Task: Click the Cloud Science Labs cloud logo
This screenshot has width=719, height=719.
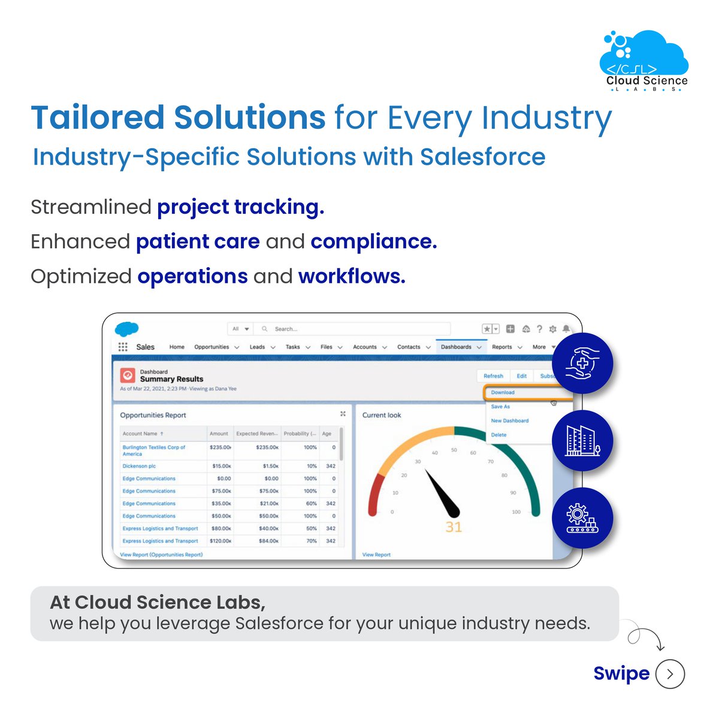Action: (645, 60)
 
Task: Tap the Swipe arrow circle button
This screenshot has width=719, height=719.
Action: (670, 674)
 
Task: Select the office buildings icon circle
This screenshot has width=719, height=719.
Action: (582, 441)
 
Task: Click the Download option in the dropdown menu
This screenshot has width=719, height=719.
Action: (503, 392)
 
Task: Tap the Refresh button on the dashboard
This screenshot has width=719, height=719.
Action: (493, 376)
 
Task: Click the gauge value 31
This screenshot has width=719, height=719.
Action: (454, 527)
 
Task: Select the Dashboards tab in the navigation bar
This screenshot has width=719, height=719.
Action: (456, 347)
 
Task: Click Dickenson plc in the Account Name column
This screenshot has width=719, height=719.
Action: (139, 466)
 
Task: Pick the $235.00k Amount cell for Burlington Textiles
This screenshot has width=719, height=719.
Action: (220, 448)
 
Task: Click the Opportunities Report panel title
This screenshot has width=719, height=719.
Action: (153, 415)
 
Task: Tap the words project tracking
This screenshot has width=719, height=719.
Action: (240, 207)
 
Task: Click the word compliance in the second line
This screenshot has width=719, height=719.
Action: (373, 242)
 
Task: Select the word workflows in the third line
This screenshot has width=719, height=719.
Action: (352, 277)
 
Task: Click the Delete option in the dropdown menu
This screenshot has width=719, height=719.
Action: (499, 435)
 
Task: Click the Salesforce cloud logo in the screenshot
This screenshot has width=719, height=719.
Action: (126, 329)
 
